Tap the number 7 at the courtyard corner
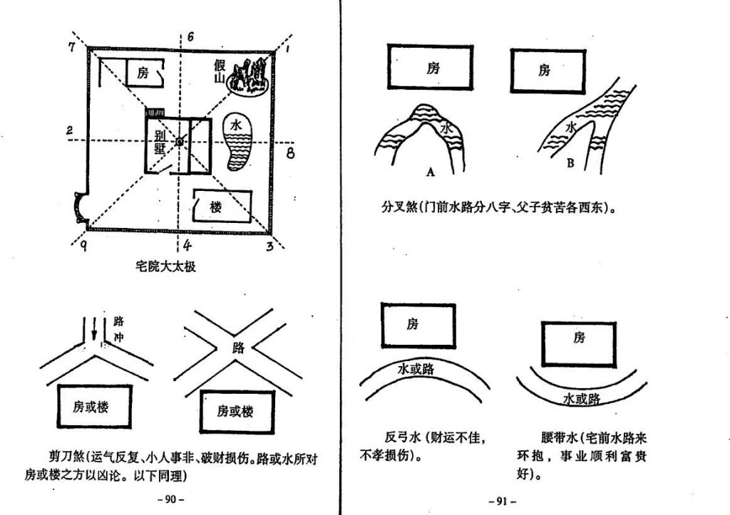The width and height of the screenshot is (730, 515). pos(71,47)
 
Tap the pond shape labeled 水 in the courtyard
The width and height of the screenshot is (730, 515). pos(238,141)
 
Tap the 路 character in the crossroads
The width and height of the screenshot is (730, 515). pos(239,348)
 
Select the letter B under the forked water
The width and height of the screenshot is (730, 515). pos(570,163)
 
